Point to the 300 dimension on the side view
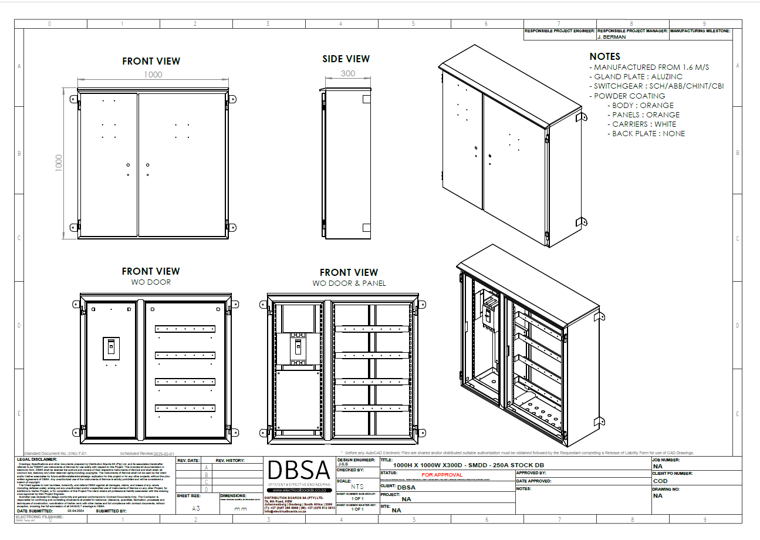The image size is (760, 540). [348, 73]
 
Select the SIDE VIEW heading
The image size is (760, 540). [346, 59]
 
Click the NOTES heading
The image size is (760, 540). [604, 56]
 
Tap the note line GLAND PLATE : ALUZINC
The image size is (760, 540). [636, 77]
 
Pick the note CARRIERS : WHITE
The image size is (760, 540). [644, 124]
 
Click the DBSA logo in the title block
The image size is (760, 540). [299, 471]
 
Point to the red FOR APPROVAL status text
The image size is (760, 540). [441, 475]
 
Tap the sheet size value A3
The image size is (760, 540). [196, 509]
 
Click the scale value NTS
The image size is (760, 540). [357, 487]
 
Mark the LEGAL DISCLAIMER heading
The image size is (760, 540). [37, 460]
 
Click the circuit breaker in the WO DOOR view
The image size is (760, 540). [111, 348]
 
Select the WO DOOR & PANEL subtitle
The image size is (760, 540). [349, 283]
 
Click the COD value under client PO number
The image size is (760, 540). [660, 481]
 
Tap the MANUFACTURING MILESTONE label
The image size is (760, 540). [700, 30]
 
